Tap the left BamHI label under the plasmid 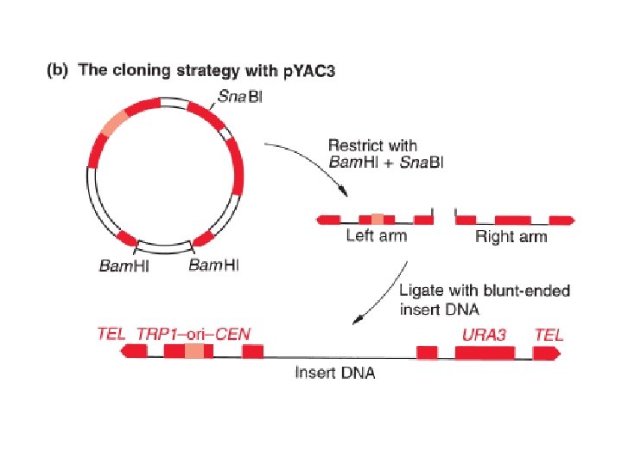[123, 265]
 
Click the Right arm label [511, 236]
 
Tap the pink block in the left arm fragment [378, 219]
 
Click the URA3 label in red [484, 333]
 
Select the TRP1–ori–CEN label [193, 333]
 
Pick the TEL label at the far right [549, 333]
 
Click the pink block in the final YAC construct [195, 350]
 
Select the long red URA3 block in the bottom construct [485, 351]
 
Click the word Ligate [420, 291]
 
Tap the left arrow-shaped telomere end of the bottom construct [135, 350]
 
